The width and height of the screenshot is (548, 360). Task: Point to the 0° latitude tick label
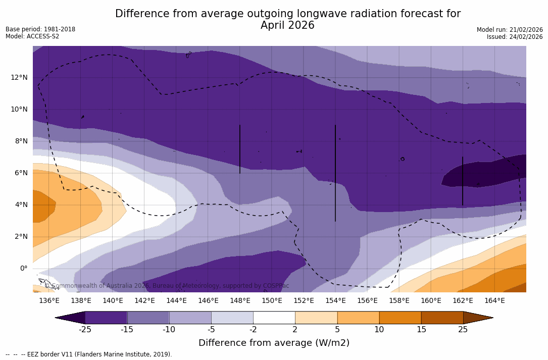(23, 269)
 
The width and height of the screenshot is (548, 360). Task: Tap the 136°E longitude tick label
(49, 301)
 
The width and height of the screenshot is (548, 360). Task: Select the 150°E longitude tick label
(272, 301)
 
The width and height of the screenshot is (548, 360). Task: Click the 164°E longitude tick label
(494, 301)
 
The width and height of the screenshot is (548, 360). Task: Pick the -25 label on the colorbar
(85, 330)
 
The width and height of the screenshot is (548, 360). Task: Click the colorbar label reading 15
(421, 330)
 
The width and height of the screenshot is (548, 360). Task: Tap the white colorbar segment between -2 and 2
(274, 318)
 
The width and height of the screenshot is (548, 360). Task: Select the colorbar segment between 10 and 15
(400, 318)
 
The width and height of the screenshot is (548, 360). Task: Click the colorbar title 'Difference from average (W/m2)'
(274, 343)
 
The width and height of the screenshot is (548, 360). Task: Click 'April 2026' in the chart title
(287, 26)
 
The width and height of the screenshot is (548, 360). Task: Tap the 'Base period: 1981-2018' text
(40, 29)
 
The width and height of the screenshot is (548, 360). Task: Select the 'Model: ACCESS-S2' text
(32, 36)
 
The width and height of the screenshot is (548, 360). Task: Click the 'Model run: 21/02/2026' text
(510, 30)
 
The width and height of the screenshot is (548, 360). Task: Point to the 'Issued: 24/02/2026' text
(515, 37)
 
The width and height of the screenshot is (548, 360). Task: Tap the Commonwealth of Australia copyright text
(167, 286)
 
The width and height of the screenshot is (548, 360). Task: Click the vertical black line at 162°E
(463, 181)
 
